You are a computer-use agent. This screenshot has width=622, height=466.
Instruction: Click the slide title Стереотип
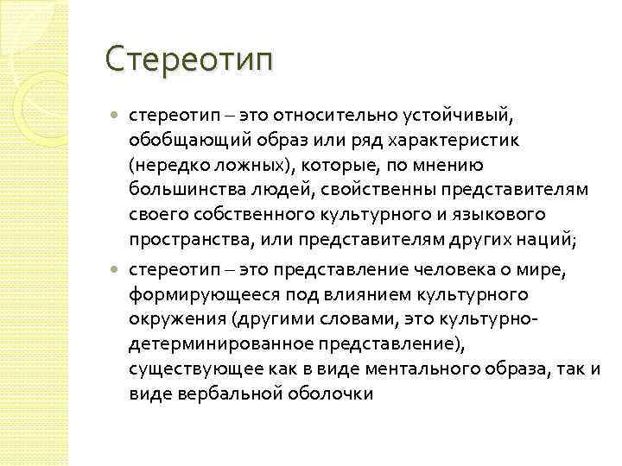click(x=188, y=60)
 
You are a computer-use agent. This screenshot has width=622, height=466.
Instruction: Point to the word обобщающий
click(x=176, y=140)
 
